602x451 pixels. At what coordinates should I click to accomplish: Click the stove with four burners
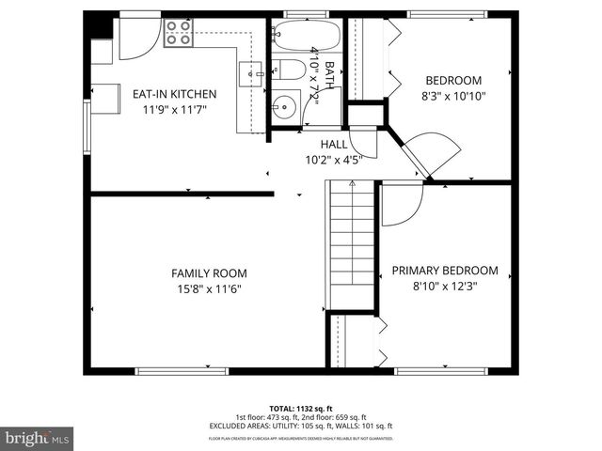click(178, 35)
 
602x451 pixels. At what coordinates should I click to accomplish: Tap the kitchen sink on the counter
click(251, 70)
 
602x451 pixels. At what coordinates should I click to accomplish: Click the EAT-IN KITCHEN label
click(174, 94)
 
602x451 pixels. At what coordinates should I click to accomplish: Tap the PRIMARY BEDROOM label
click(445, 271)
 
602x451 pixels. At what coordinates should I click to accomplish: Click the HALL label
click(333, 144)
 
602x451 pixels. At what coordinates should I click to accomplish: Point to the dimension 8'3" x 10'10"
click(453, 96)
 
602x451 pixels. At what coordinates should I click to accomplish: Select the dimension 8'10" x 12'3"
click(445, 287)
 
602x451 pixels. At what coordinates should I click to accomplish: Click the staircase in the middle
click(352, 244)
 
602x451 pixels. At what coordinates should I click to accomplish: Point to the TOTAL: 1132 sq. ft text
click(301, 409)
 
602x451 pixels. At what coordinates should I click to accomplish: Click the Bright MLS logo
click(38, 437)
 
